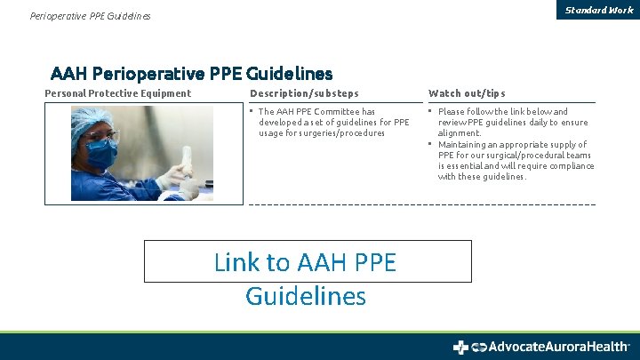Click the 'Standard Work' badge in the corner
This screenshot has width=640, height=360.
point(598,10)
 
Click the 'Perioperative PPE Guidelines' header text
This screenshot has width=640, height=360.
point(90,16)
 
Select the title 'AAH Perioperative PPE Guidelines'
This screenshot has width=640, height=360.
point(191,73)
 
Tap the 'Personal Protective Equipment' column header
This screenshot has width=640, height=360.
point(118,93)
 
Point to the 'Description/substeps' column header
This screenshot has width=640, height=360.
point(304,93)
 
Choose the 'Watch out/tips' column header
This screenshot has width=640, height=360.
point(467,93)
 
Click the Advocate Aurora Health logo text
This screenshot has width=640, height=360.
point(553,347)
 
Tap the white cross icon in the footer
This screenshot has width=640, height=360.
point(460,347)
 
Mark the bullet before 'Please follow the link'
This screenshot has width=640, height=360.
point(430,112)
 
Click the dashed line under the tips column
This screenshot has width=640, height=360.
point(511,204)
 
